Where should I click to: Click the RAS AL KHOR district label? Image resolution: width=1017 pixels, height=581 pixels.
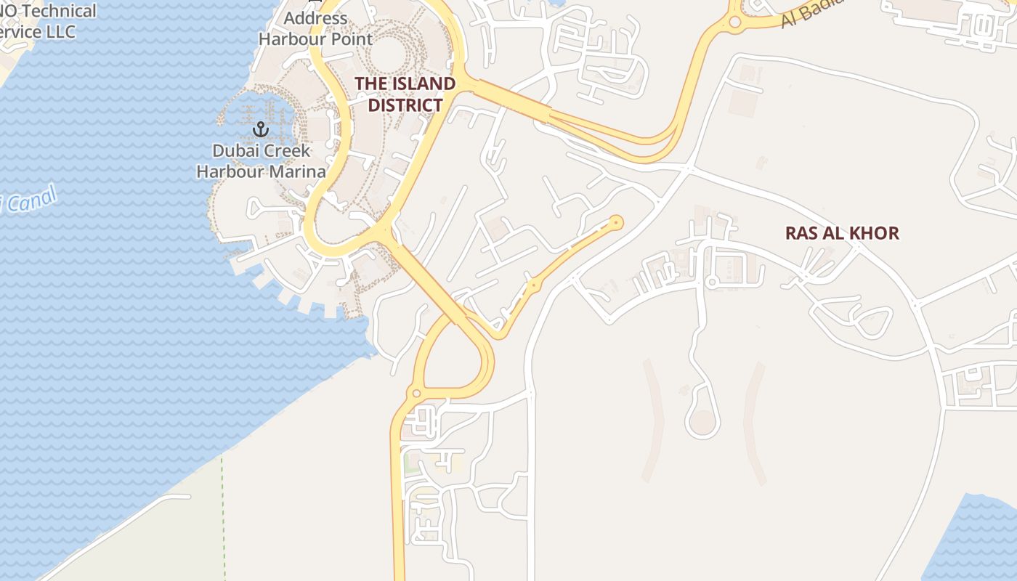[x=842, y=233]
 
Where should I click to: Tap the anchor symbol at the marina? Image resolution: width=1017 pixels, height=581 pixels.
[x=260, y=130]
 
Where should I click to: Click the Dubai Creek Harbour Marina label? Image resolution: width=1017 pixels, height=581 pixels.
[x=261, y=161]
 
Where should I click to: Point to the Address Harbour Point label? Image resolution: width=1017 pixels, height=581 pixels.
[x=315, y=28]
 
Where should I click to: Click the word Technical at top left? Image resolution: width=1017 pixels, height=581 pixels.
[x=62, y=11]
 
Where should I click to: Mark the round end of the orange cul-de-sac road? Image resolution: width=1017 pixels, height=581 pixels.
[x=617, y=222]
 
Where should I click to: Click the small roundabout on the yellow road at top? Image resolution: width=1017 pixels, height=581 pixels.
[x=734, y=23]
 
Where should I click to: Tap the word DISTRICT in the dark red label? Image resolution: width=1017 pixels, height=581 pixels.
[x=405, y=105]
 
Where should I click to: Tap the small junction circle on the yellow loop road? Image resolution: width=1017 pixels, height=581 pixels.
[x=416, y=394]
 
